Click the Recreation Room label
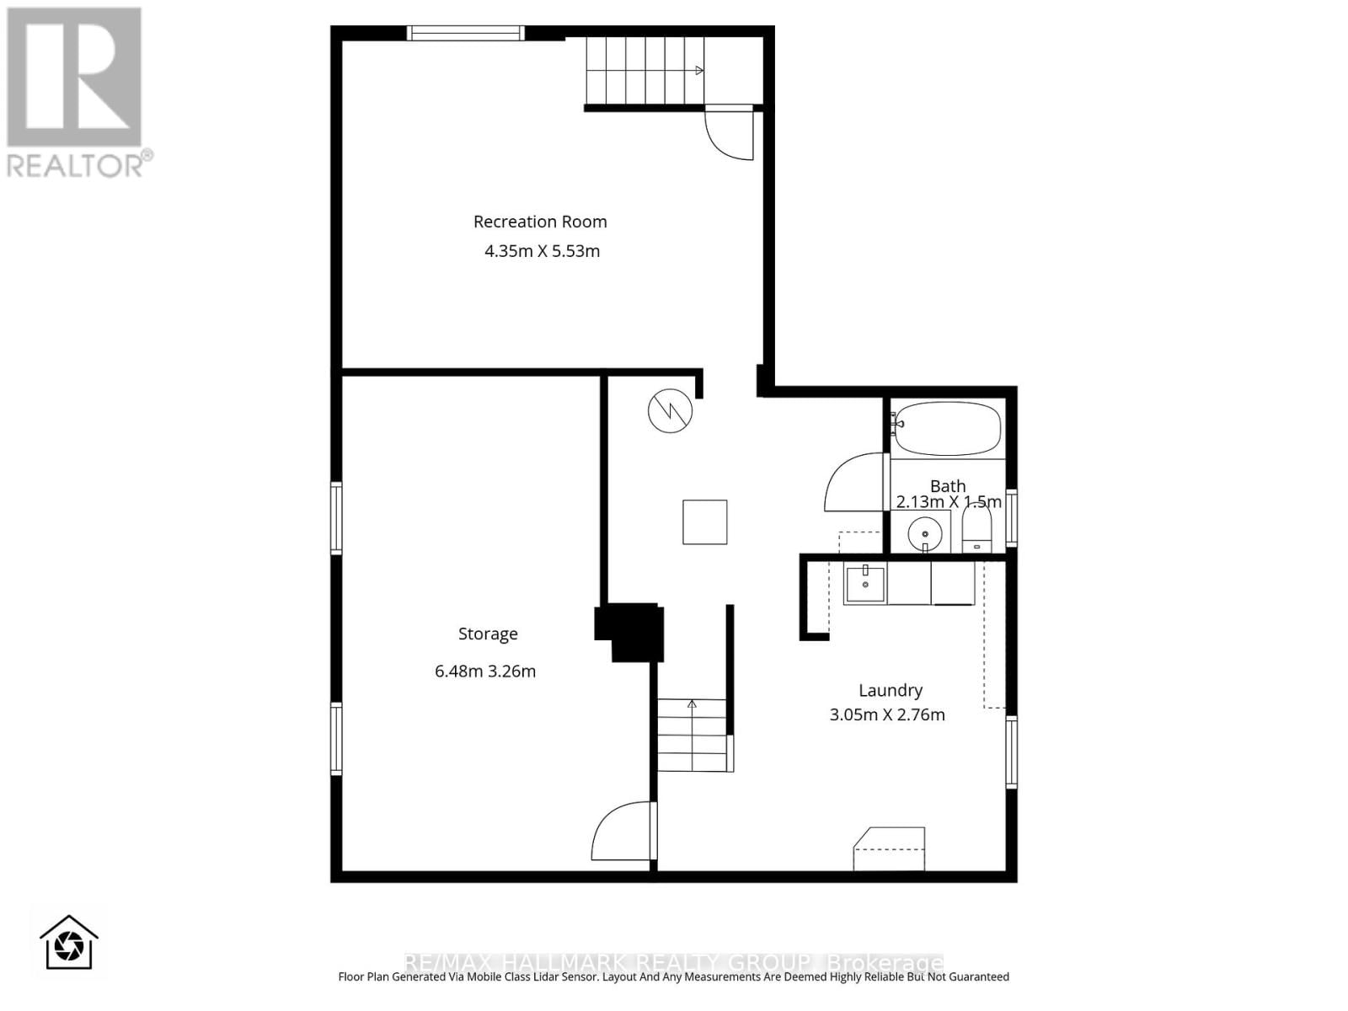pos(540,222)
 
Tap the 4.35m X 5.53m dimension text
pos(542,251)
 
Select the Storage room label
pos(488,634)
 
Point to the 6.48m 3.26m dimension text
pos(485,671)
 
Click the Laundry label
pos(891,690)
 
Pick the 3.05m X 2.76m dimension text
pos(887,715)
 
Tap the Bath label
pos(948,486)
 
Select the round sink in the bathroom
pos(925,534)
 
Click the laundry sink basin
pos(865,584)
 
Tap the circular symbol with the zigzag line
pos(670,411)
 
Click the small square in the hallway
pos(704,522)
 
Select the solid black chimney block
pos(632,630)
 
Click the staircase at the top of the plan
pos(645,71)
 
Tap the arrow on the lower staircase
pos(692,704)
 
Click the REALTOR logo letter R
pos(74,78)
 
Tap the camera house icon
pos(69,944)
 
